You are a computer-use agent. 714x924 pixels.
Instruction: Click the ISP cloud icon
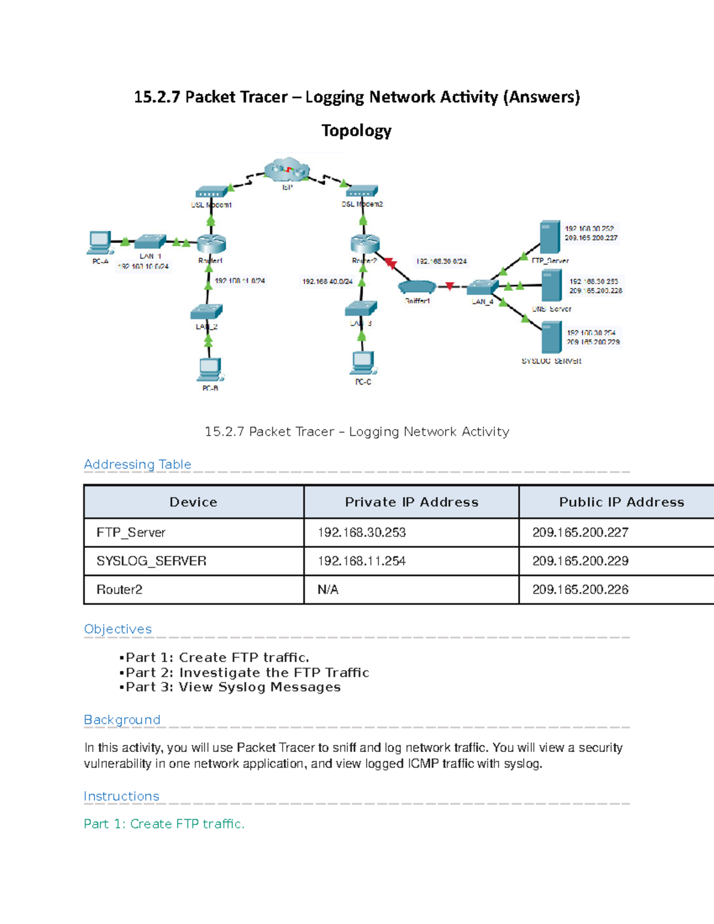[287, 170]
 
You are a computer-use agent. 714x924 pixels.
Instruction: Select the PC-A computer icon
[99, 241]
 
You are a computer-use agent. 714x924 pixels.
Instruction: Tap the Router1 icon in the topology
[211, 243]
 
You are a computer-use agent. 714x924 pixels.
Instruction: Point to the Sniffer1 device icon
[417, 287]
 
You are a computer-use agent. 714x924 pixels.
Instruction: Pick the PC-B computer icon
[210, 369]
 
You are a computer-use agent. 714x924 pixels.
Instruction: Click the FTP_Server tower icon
[550, 237]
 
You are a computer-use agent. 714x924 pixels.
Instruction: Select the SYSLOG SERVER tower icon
[552, 337]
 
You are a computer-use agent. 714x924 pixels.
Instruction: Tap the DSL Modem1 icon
[211, 192]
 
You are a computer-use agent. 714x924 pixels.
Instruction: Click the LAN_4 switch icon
[481, 287]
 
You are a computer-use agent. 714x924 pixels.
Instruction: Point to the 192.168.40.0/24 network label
[327, 281]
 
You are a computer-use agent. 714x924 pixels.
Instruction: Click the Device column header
[193, 502]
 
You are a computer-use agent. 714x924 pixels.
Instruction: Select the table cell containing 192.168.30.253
[362, 533]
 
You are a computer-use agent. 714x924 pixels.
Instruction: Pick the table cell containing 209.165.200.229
[580, 561]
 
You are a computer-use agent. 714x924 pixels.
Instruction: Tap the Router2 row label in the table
[120, 590]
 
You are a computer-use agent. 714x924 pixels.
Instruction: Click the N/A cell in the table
[328, 590]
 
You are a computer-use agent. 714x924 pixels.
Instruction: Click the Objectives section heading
[118, 629]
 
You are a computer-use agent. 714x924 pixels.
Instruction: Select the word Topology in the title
[356, 130]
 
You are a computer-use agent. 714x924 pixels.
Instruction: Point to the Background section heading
[122, 720]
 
